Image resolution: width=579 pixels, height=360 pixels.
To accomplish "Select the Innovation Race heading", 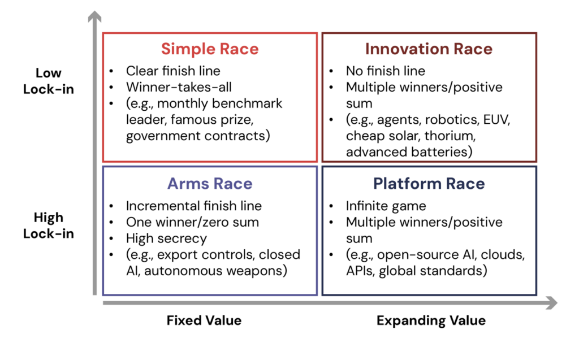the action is [429, 49].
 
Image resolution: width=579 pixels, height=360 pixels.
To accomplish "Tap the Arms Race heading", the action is [210, 184].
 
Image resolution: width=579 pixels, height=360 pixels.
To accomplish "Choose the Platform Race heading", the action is [429, 184].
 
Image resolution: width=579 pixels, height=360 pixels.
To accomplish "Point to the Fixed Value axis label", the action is [204, 320].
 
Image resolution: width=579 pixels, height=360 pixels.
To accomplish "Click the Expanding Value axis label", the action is [431, 320].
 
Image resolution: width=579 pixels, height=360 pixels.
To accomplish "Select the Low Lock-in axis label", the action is [49, 81].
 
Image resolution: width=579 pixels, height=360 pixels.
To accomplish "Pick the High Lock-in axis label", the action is [49, 225].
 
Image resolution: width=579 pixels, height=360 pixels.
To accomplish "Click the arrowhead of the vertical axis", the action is [94, 16].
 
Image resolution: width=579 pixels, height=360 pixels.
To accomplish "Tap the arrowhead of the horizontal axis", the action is [551, 303].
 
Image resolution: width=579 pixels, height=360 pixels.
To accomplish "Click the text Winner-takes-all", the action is [179, 87].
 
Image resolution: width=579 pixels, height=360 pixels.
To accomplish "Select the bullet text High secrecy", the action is [166, 238].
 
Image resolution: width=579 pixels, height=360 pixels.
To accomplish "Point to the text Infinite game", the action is [386, 206].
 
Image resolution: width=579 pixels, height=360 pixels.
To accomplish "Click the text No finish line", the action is [386, 71].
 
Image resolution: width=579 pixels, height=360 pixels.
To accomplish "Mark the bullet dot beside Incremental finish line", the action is [111, 206].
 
